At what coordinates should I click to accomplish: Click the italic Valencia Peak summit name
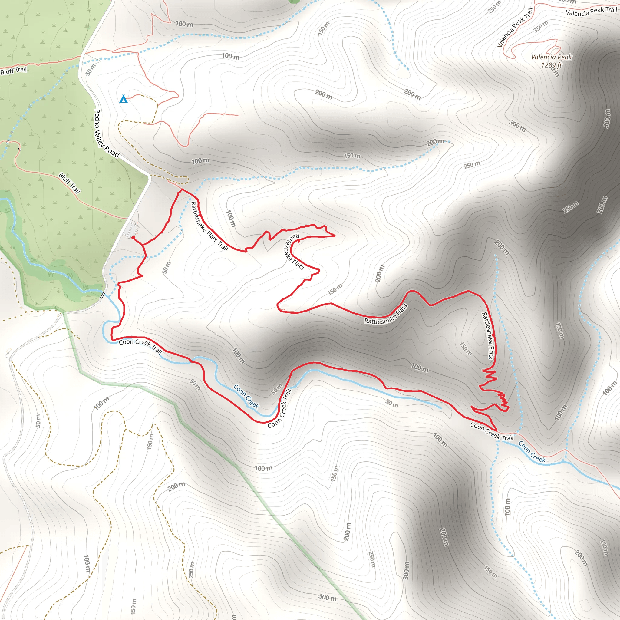click(551, 57)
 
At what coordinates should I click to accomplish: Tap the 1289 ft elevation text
click(551, 65)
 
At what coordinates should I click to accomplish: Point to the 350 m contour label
click(541, 26)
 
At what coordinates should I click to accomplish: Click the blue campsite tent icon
click(124, 98)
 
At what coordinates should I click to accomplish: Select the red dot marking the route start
click(133, 237)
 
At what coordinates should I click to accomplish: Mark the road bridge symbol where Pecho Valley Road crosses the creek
click(103, 295)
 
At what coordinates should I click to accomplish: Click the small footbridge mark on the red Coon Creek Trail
click(191, 361)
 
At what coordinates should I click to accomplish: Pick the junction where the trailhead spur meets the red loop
click(142, 245)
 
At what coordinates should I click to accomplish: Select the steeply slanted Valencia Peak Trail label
click(515, 28)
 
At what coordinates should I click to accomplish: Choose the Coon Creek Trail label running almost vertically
click(279, 408)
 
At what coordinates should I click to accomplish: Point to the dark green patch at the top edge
click(294, 1)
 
